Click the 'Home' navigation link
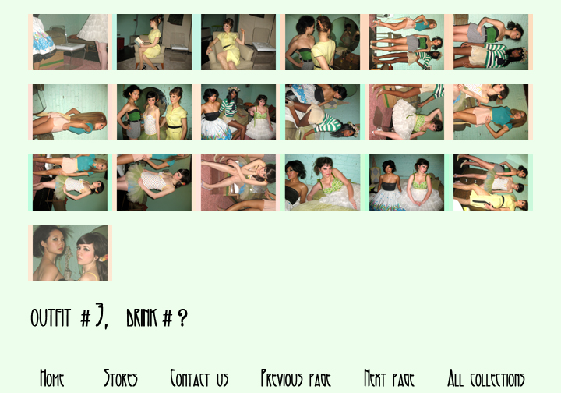(52, 379)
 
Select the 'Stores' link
(121, 379)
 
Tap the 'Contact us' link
(199, 379)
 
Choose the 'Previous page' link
(295, 379)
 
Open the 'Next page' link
(389, 379)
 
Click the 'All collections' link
(486, 379)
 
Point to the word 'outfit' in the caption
(51, 318)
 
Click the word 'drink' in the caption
(142, 318)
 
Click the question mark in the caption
(182, 318)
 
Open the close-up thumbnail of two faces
(70, 253)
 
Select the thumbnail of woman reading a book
(154, 42)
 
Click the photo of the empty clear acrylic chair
(70, 42)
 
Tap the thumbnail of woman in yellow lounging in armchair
(238, 42)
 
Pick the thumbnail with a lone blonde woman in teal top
(70, 112)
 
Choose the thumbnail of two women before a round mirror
(323, 42)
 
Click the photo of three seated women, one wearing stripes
(238, 112)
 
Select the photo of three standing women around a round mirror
(154, 112)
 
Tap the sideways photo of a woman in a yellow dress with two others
(491, 182)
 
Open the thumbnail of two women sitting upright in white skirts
(407, 182)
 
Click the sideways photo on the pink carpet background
(238, 182)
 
